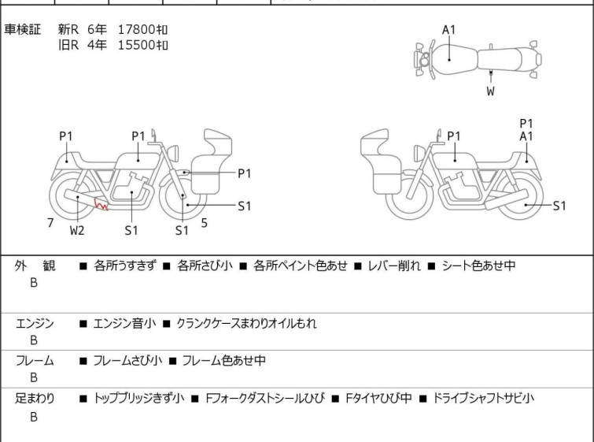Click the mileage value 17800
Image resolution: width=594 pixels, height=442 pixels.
[x=136, y=29]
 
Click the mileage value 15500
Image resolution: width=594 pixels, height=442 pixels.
[x=136, y=45]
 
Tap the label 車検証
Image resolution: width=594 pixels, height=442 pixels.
[x=22, y=29]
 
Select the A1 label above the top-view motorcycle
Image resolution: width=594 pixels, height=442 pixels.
[x=449, y=30]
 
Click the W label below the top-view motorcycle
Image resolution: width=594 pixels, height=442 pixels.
[x=491, y=91]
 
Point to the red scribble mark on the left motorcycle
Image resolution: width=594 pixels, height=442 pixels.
[x=101, y=205]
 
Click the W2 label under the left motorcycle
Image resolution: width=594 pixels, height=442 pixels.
[x=77, y=230]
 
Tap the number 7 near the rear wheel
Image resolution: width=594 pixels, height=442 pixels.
[x=50, y=223]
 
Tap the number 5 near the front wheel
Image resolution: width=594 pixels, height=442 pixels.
[x=205, y=223]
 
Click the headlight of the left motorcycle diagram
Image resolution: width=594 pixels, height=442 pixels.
[x=173, y=154]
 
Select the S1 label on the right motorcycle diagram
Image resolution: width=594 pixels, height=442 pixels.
[x=559, y=206]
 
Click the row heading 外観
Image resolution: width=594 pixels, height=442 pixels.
[x=35, y=266]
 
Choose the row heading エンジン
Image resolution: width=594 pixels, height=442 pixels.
[x=35, y=323]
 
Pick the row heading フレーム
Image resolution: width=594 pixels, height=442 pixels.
[x=35, y=360]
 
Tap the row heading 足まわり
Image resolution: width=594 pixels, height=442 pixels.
[x=35, y=399]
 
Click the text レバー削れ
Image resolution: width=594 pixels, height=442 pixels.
[x=394, y=266]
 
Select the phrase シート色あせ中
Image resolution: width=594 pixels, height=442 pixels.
[x=478, y=266]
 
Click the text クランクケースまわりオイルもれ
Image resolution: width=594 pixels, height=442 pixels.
[x=246, y=323]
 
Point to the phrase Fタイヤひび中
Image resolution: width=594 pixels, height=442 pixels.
[x=378, y=399]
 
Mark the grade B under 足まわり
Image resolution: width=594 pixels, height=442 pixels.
[x=34, y=417]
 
